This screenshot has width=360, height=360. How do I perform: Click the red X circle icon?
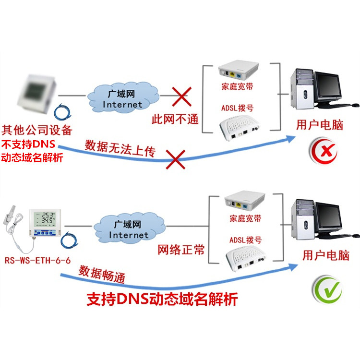point(324,151)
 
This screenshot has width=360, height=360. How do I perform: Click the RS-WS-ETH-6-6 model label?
point(37,260)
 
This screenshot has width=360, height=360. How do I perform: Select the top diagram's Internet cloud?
point(123,97)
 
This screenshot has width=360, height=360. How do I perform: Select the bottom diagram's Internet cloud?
point(129,228)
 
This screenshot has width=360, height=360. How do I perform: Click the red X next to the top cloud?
point(181,96)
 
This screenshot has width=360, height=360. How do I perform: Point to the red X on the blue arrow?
point(175,159)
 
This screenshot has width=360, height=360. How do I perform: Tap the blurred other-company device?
point(37,94)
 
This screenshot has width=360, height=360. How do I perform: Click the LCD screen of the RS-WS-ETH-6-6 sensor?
point(45,219)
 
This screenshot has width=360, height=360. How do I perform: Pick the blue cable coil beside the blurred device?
point(62,112)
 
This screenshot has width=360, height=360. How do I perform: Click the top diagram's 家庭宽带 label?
point(237,86)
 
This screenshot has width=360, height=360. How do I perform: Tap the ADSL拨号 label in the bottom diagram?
point(245,240)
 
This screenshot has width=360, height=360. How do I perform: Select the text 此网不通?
point(175,119)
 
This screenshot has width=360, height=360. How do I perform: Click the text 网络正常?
point(181,250)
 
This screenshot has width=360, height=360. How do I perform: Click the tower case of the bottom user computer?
point(302,219)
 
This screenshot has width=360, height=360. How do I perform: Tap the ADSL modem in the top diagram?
point(239,128)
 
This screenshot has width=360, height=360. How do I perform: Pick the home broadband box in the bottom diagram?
point(245,200)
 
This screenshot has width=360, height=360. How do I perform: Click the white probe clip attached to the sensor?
point(10,215)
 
